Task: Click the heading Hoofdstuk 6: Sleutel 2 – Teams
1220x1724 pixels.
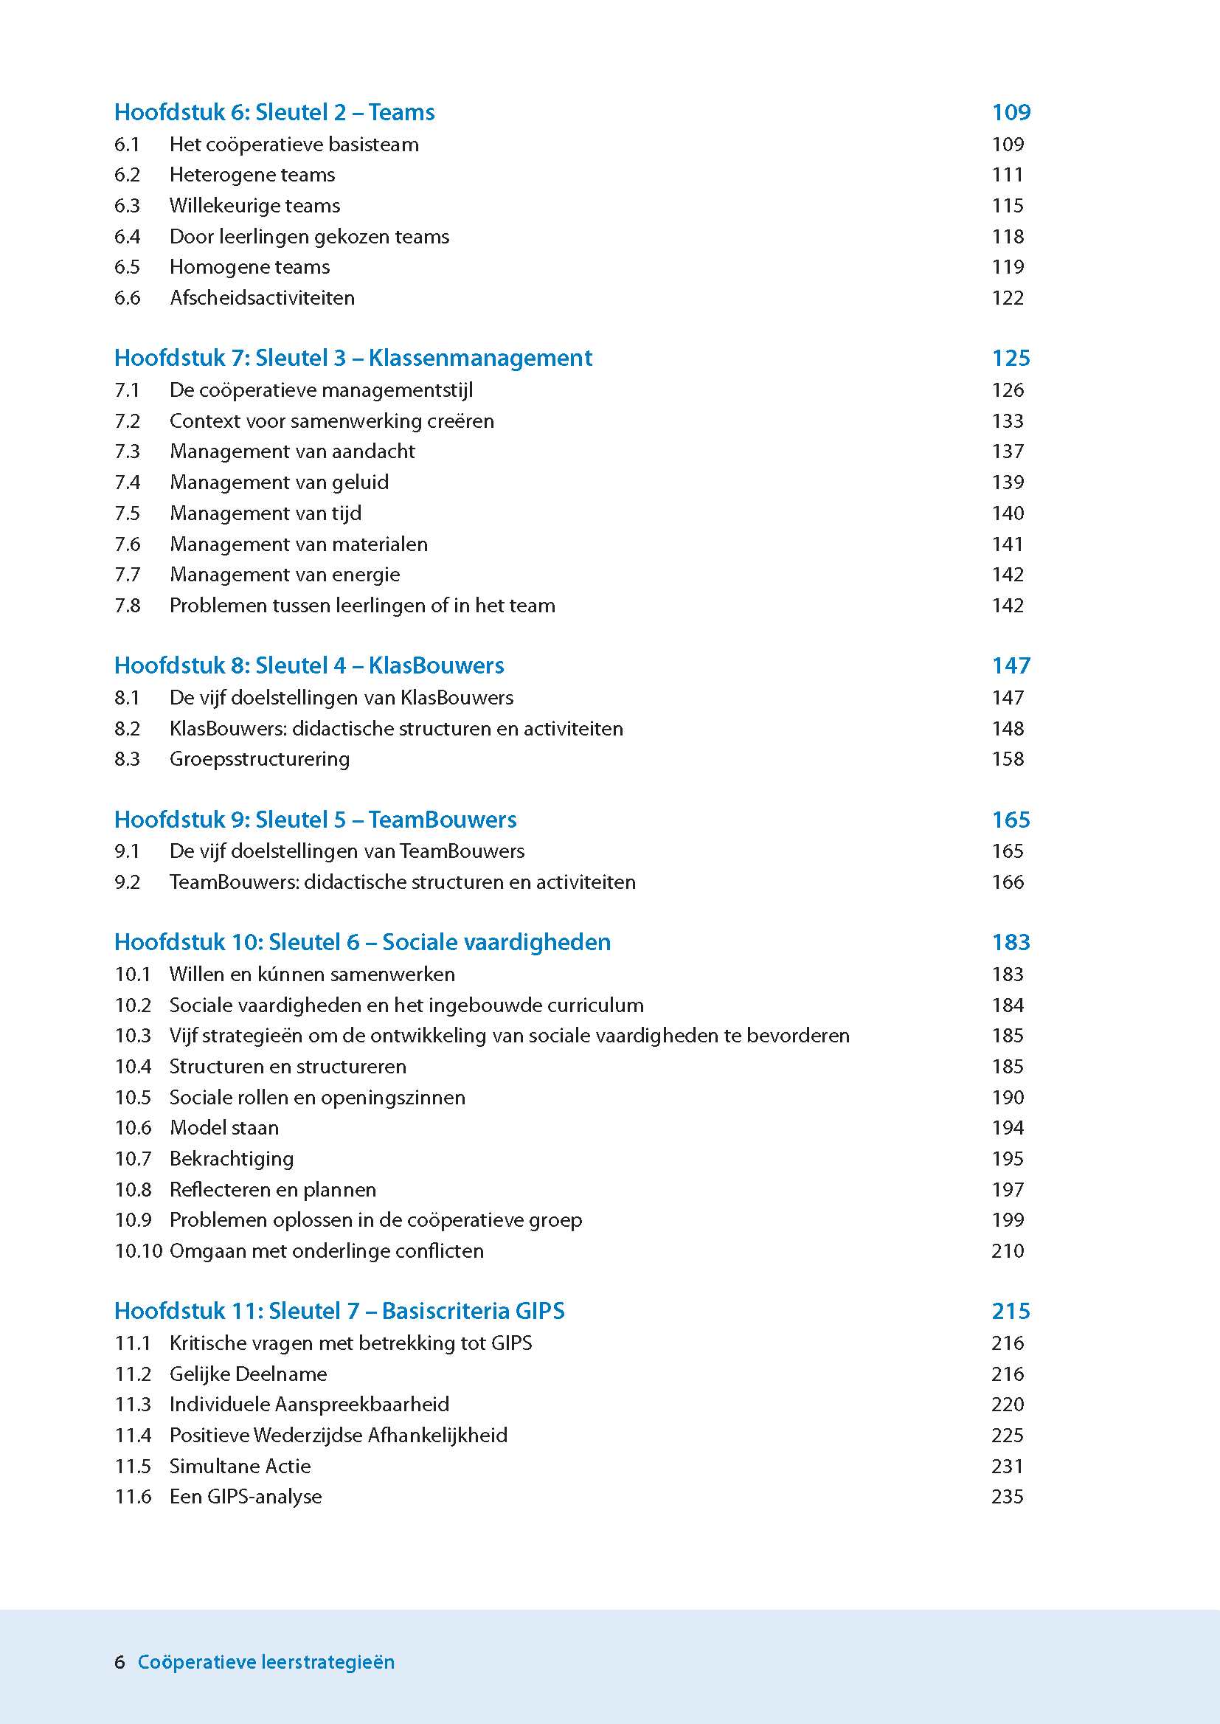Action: [274, 112]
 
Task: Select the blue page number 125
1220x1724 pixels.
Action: [1011, 358]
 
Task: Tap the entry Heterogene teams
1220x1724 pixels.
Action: [252, 175]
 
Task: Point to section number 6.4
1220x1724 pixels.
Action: [127, 237]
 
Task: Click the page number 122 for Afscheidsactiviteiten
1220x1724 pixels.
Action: [1008, 298]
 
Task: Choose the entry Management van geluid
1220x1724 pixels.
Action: [280, 482]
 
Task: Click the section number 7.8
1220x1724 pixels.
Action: [127, 606]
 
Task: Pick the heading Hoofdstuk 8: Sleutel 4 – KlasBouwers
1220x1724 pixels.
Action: [309, 665]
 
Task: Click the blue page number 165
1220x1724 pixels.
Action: [1011, 820]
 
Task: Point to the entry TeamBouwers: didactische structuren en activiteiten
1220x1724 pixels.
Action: [403, 882]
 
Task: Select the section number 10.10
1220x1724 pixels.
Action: [138, 1250]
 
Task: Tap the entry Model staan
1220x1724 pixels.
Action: [224, 1127]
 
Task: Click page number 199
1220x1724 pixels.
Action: [1008, 1220]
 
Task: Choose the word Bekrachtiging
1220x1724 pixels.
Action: [232, 1158]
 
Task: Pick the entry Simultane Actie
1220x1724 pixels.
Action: [240, 1466]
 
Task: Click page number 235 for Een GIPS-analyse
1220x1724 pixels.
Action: [1008, 1496]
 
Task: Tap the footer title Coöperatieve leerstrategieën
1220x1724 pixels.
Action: [266, 1661]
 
